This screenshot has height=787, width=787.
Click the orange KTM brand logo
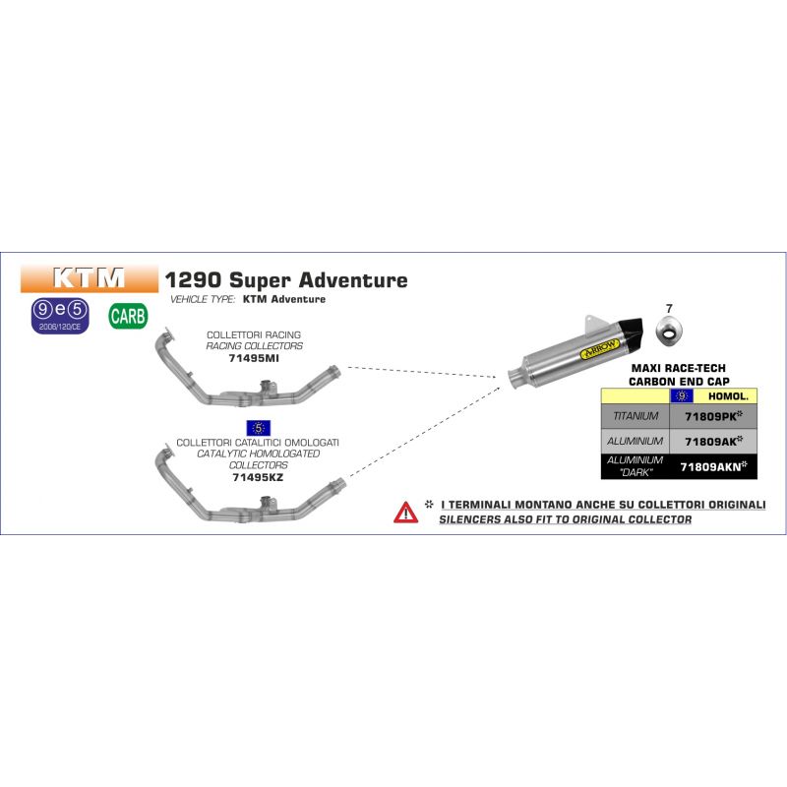[x=90, y=278]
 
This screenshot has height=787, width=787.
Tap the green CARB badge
[x=128, y=316]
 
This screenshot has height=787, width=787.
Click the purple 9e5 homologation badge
[x=60, y=316]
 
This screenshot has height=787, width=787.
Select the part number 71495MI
[x=254, y=358]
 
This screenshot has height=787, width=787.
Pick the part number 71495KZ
[x=258, y=477]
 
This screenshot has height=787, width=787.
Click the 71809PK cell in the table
[x=713, y=416]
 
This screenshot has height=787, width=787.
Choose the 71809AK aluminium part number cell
[x=713, y=441]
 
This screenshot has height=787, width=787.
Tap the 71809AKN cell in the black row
[x=713, y=466]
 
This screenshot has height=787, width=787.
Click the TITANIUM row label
[x=636, y=416]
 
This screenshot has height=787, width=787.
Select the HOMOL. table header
[x=728, y=396]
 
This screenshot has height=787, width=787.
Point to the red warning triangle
[x=405, y=513]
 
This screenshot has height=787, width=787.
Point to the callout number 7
[x=669, y=309]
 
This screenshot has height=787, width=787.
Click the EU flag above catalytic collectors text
[x=259, y=428]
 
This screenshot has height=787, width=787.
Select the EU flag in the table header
[x=682, y=396]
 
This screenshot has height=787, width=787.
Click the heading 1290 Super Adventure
[x=286, y=280]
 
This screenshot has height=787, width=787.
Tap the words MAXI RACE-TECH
[x=679, y=368]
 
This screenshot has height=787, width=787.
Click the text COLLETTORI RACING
[x=254, y=334]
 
